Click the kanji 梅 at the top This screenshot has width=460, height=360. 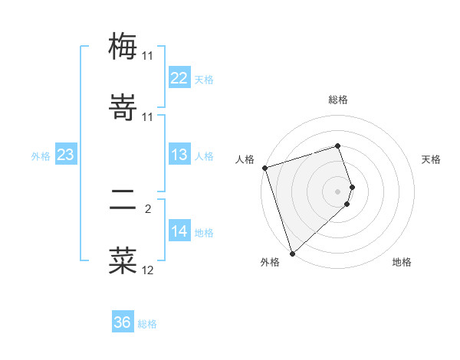coord(123,47)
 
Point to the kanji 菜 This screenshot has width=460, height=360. coord(123,260)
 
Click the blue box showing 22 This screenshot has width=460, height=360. coord(179,78)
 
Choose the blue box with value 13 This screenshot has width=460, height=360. coord(179,155)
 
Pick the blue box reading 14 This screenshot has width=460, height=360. coord(179,231)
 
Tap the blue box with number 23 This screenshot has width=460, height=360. coord(66,155)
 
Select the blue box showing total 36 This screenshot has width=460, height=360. coord(123,322)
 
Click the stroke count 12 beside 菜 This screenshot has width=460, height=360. coord(147,270)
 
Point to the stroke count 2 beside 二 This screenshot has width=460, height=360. coord(148,207)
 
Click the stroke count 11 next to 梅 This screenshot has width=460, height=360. coord(147,56)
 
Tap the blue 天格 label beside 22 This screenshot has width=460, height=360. coord(203,79)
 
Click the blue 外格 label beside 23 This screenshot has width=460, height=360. coord(41,155)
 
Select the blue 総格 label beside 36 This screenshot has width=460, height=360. coord(147,324)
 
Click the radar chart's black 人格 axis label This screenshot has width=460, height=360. coord(245,159)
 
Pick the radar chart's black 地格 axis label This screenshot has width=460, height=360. coord(402,262)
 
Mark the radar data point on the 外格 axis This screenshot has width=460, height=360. coord(292,253)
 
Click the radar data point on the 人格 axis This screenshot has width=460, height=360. coord(264,168)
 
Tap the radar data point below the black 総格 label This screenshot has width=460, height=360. coord(338,145)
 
